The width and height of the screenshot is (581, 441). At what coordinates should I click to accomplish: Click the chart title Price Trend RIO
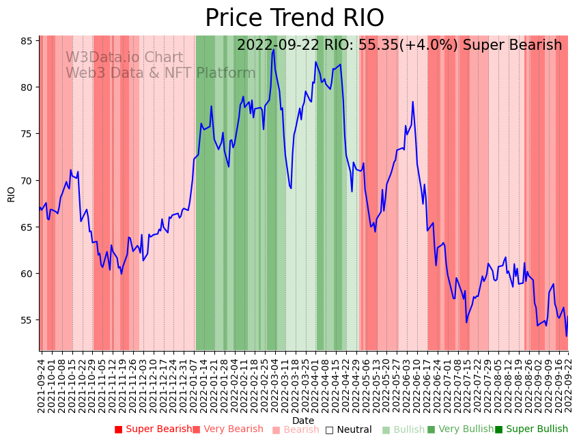click(294, 18)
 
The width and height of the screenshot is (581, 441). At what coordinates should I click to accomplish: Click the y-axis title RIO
click(11, 194)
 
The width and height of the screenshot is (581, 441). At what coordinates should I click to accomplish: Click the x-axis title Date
click(303, 421)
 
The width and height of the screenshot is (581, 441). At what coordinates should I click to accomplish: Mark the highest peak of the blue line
click(273, 50)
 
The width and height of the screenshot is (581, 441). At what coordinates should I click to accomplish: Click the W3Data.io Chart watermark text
click(124, 58)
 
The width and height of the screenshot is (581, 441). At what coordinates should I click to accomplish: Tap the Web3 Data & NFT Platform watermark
click(160, 73)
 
